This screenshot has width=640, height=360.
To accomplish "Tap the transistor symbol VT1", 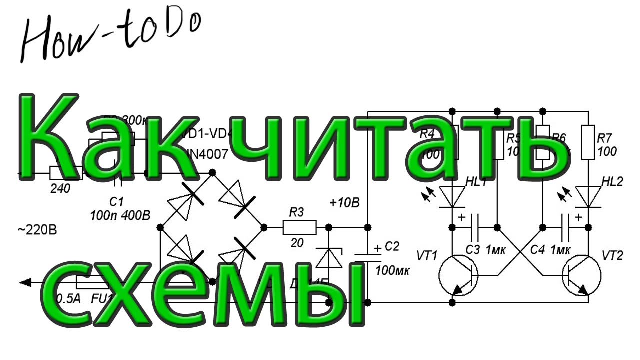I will coord(458,274).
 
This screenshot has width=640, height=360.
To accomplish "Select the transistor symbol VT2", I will coord(581,274).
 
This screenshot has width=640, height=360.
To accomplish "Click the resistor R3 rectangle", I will coord(299,228).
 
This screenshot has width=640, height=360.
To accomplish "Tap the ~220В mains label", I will coord(37,231).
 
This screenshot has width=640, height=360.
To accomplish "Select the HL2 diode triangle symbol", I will coord(588,196).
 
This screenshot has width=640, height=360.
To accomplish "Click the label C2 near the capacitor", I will coord(393,246).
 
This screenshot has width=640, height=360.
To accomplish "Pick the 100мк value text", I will coord(392,271).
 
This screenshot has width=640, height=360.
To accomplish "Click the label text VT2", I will coord(612,256).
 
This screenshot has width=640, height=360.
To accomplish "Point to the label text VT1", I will coord(427,256).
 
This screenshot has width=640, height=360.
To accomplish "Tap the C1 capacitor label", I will coord(116,202).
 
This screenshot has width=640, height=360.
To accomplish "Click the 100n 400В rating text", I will coord(120,216).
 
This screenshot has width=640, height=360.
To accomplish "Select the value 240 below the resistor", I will coord(60,188).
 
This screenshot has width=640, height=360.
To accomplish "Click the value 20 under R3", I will coord(297,243).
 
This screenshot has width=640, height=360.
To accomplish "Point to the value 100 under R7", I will coord(607,151).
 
